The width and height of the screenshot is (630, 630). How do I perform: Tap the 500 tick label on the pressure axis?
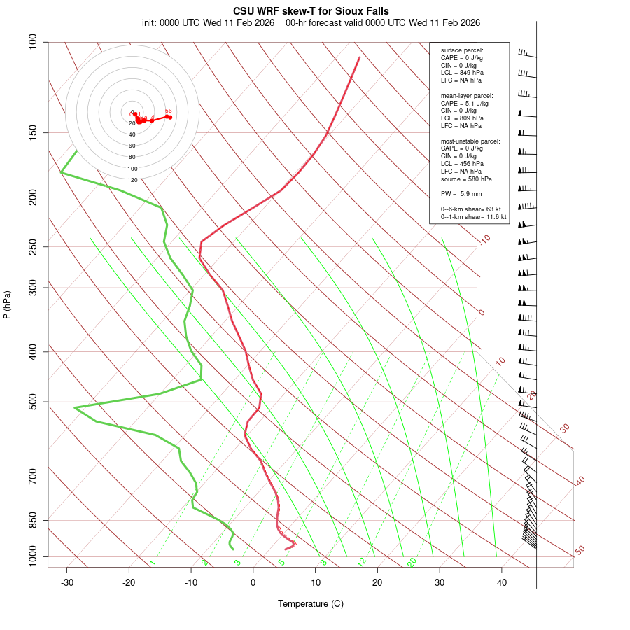coord(32,402)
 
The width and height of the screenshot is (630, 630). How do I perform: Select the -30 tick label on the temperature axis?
coord(67,582)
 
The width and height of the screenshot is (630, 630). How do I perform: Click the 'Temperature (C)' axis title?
coord(311,603)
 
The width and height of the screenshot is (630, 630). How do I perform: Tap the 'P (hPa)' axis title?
coord(7,304)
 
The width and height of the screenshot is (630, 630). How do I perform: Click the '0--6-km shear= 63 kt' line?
coord(471,209)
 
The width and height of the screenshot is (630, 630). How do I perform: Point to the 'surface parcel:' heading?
coord(462,50)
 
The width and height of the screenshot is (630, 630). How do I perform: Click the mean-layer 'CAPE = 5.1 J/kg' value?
coord(464,103)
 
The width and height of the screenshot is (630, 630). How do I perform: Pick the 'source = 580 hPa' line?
coord(466,178)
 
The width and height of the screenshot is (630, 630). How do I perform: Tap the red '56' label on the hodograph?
coord(168,111)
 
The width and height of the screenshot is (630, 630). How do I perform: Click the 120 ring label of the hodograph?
coord(132,180)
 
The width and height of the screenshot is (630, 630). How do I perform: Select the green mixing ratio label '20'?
coord(412,561)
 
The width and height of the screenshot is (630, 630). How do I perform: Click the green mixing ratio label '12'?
coord(362,561)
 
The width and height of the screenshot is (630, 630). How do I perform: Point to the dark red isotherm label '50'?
coord(580,551)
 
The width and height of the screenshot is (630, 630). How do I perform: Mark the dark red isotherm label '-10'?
coord(484,240)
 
